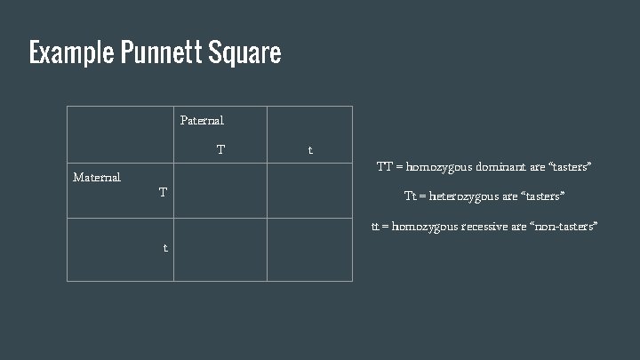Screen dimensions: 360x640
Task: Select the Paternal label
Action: click(202, 120)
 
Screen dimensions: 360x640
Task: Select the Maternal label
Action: click(97, 178)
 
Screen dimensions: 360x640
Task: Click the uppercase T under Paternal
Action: click(220, 149)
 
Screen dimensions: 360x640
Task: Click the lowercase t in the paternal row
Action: click(309, 150)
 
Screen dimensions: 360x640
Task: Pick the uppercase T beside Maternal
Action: click(162, 193)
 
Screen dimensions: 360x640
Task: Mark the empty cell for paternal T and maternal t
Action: click(221, 252)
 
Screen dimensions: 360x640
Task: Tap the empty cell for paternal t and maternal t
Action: click(309, 252)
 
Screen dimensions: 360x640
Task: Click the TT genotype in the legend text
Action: click(385, 167)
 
